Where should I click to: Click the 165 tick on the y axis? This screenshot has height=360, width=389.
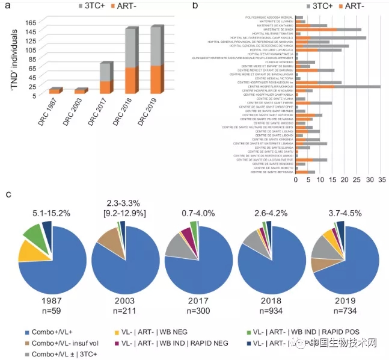(28, 22)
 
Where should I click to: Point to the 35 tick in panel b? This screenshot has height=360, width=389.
(381, 179)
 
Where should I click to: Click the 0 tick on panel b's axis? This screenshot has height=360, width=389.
(296, 179)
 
